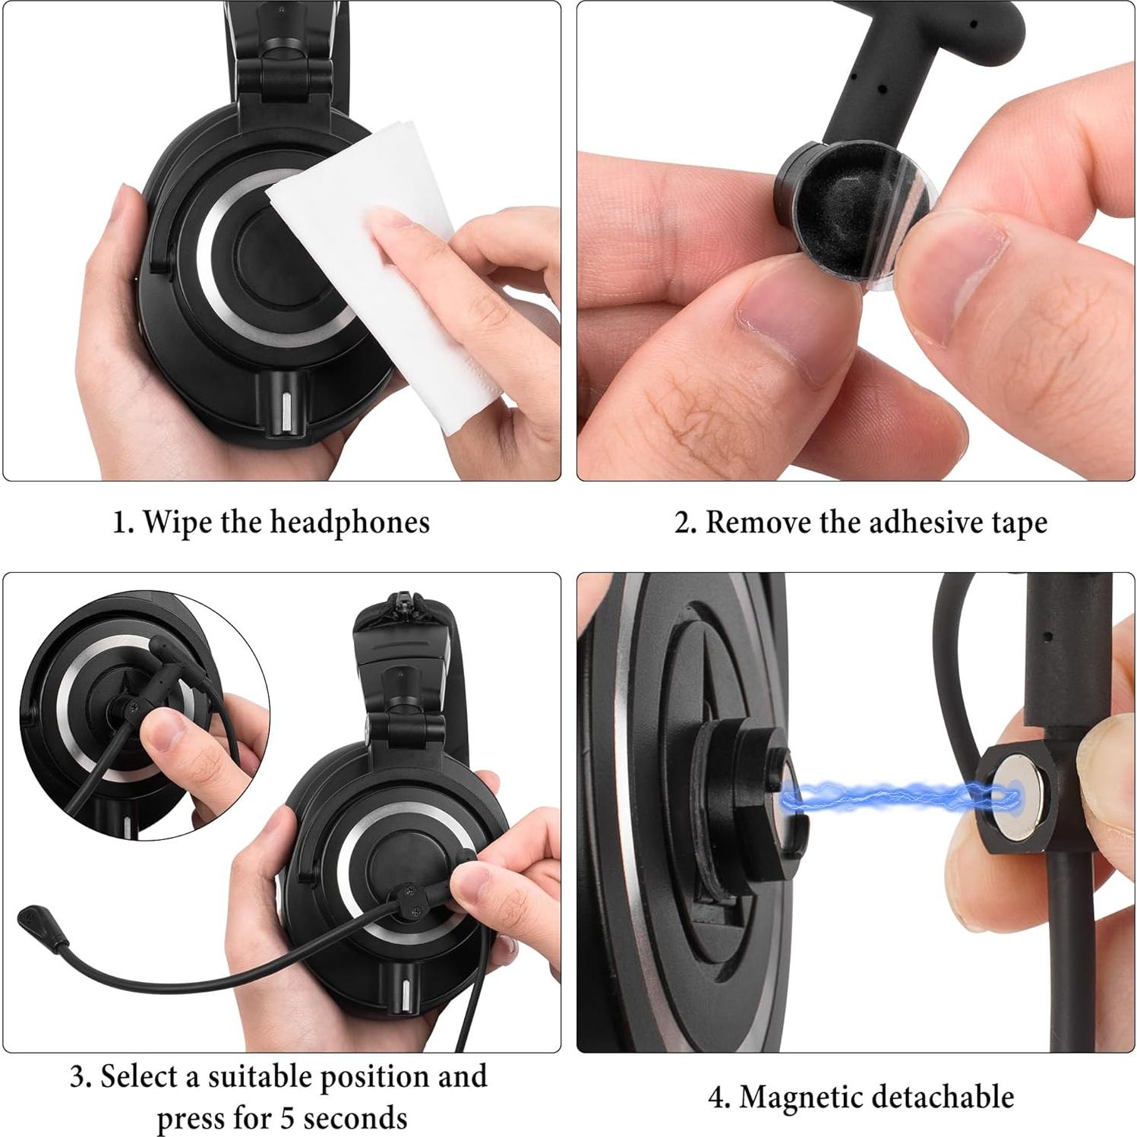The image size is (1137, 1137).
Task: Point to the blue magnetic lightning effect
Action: pos(896,796)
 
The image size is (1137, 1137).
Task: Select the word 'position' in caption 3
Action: pos(372,1077)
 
